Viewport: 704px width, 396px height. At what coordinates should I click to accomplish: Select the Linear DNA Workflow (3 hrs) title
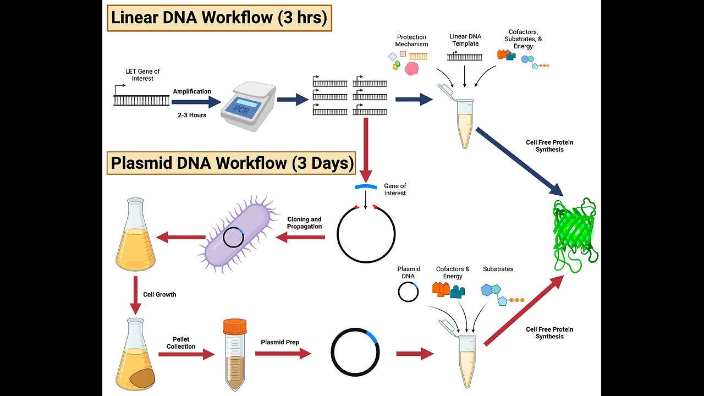219,18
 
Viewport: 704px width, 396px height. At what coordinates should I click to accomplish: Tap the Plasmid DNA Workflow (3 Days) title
232,163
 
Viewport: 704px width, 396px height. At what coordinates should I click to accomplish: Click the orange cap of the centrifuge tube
235,327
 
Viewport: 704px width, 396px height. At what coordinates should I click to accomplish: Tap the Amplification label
192,91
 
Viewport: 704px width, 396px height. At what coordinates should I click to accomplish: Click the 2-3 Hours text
191,115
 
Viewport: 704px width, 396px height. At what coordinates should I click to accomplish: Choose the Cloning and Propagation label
304,223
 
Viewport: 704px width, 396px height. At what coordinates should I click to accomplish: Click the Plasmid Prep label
280,342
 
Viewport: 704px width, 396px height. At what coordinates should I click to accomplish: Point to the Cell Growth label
159,294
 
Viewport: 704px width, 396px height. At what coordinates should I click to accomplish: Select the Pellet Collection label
181,343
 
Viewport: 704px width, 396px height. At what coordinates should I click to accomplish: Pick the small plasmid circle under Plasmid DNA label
408,292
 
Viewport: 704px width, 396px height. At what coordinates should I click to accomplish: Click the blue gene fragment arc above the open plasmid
365,187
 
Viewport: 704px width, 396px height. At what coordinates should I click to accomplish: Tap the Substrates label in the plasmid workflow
498,269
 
